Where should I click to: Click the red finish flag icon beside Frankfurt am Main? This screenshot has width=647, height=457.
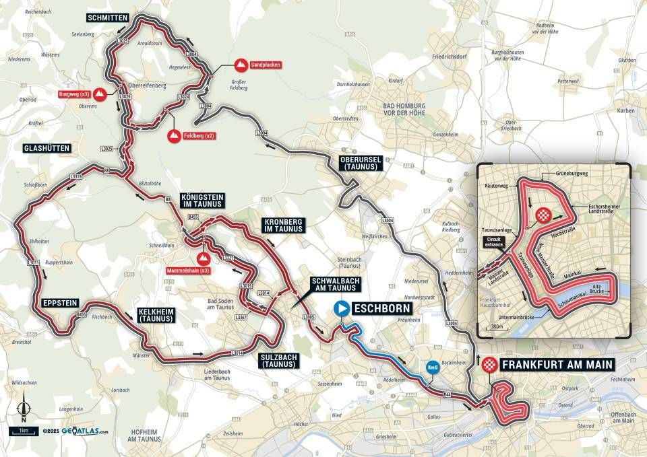click(490, 364)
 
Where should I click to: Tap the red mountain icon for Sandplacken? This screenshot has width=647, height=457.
click(239, 65)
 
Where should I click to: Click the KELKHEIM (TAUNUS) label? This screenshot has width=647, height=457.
click(156, 318)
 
